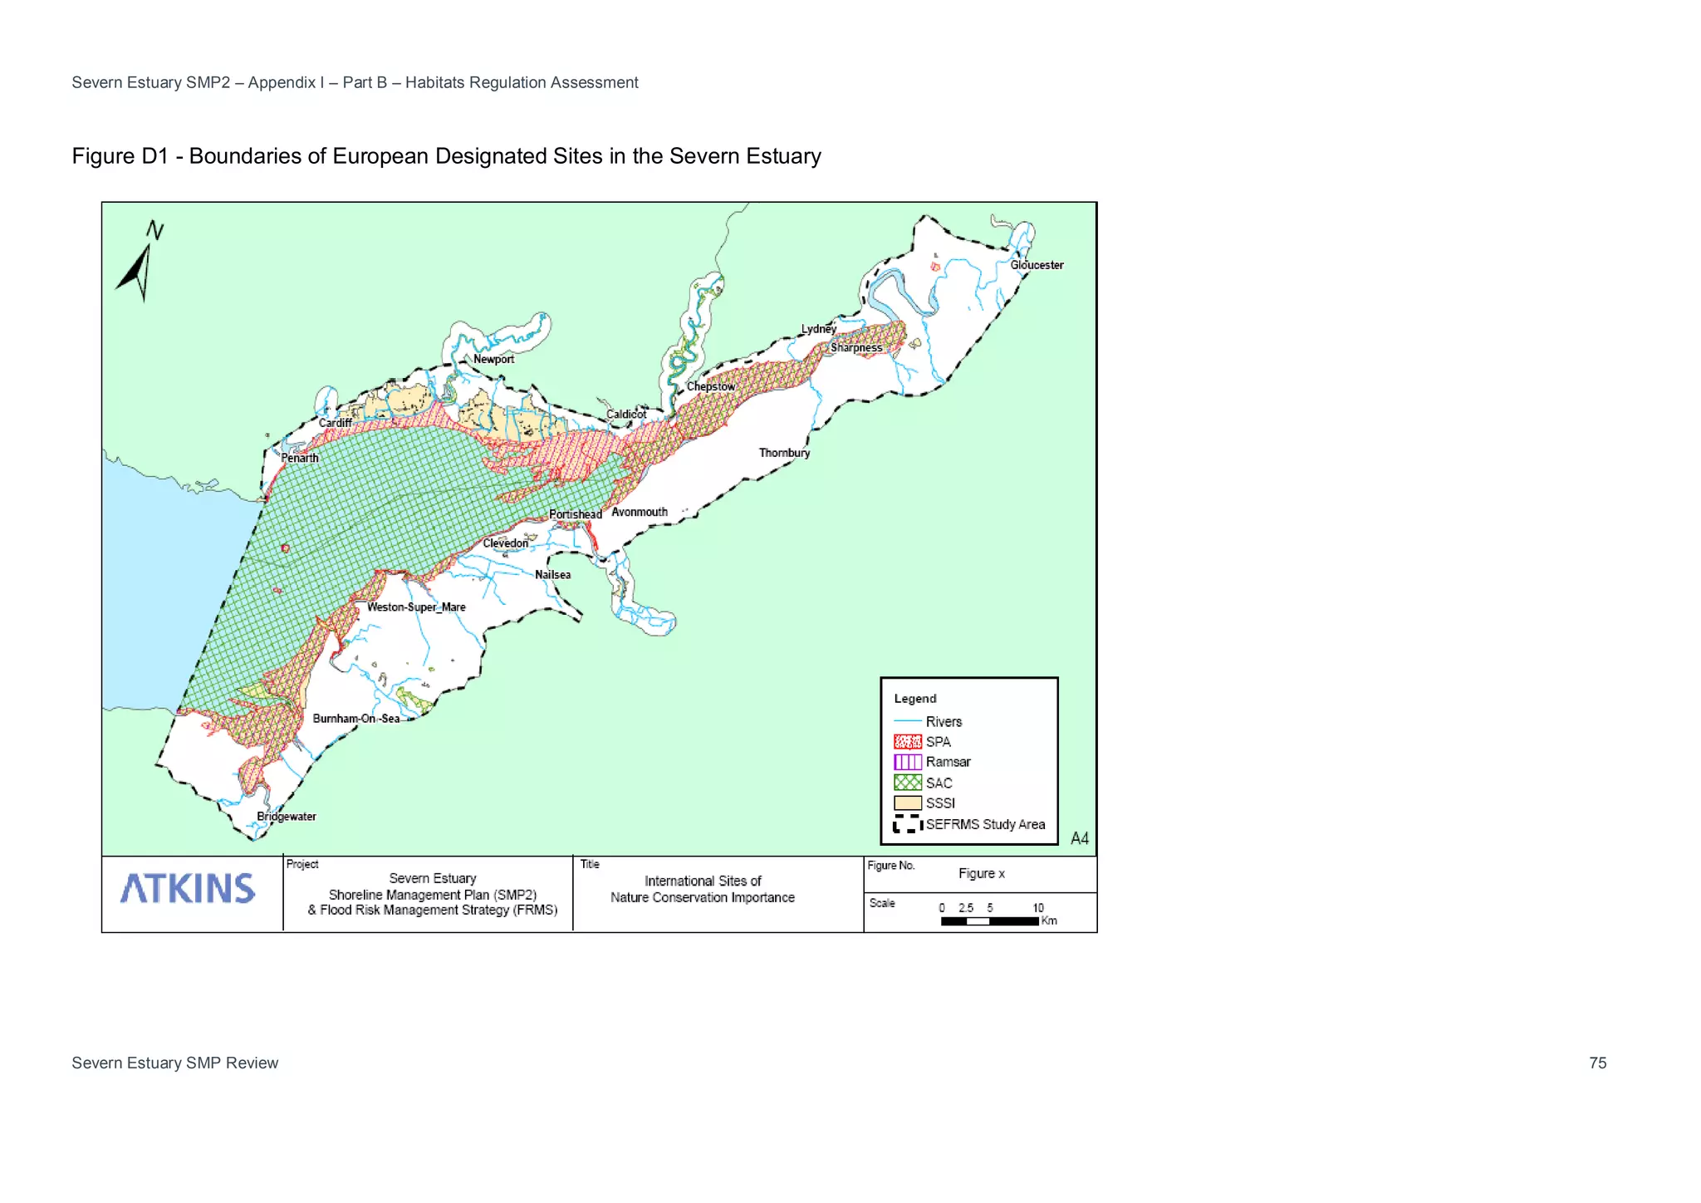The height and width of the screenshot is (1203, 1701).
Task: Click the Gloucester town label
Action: click(x=1037, y=265)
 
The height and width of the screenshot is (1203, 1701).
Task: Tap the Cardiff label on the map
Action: click(x=335, y=423)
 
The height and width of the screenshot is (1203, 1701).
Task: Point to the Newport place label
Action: click(x=493, y=359)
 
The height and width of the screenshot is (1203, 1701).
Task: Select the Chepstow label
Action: click(x=710, y=386)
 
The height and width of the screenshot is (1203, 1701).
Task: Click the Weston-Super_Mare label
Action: click(x=416, y=607)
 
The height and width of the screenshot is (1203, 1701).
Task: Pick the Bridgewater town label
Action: click(x=286, y=817)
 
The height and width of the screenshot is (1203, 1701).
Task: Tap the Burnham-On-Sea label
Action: click(x=355, y=719)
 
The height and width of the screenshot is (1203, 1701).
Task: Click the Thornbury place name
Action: click(x=783, y=453)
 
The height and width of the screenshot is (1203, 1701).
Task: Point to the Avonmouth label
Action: click(x=639, y=512)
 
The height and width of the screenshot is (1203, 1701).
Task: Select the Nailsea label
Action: click(x=552, y=575)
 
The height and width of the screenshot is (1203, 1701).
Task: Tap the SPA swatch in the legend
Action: click(x=907, y=742)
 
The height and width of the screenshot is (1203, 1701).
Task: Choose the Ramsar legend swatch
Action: click(x=907, y=762)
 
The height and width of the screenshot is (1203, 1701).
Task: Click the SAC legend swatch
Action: click(x=907, y=783)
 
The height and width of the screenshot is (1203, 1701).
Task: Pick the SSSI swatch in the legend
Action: click(x=907, y=803)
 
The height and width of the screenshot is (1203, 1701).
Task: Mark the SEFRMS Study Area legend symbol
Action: click(x=907, y=824)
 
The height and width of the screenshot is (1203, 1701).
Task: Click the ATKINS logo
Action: click(x=188, y=889)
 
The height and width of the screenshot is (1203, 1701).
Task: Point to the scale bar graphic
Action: click(x=989, y=921)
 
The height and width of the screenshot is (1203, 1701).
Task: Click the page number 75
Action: click(x=1597, y=1063)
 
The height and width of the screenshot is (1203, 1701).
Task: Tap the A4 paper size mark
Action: click(x=1079, y=838)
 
